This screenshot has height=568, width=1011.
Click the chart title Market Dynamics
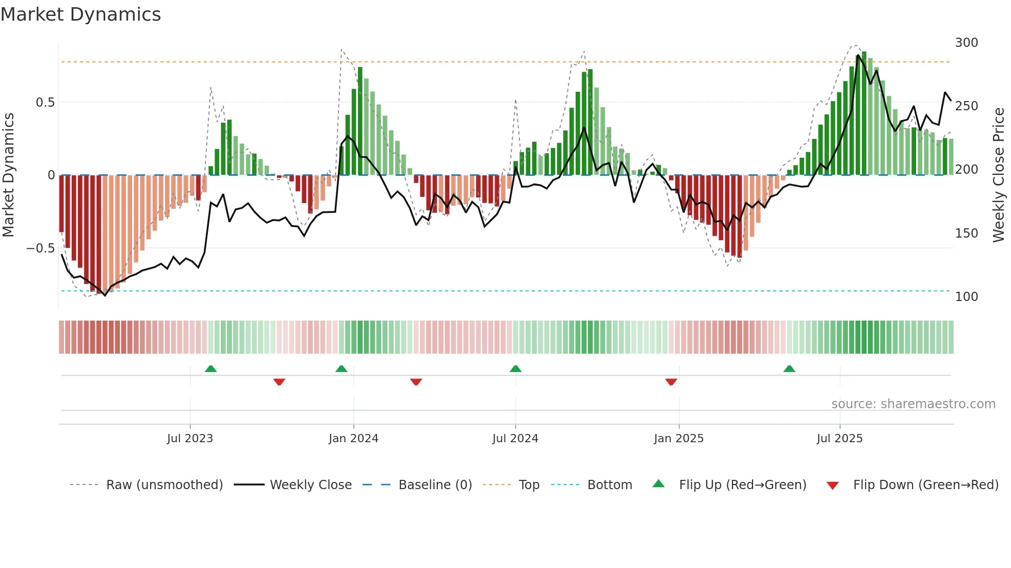(80, 14)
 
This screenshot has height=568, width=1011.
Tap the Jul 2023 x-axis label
(190, 439)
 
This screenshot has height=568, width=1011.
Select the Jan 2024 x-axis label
(353, 439)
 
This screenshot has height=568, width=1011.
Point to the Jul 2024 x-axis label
(515, 439)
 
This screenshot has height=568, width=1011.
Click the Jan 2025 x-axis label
(678, 439)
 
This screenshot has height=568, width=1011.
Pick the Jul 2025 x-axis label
(839, 439)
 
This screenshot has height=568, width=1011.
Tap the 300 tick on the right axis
(966, 43)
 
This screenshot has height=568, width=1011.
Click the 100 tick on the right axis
(966, 297)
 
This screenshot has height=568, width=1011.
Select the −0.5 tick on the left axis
(40, 248)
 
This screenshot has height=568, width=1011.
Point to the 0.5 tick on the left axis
(45, 103)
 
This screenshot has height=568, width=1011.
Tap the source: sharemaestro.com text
(913, 404)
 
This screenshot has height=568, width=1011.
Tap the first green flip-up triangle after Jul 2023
(210, 369)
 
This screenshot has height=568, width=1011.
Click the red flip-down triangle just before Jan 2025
(671, 382)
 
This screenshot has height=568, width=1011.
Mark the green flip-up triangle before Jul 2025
(789, 369)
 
